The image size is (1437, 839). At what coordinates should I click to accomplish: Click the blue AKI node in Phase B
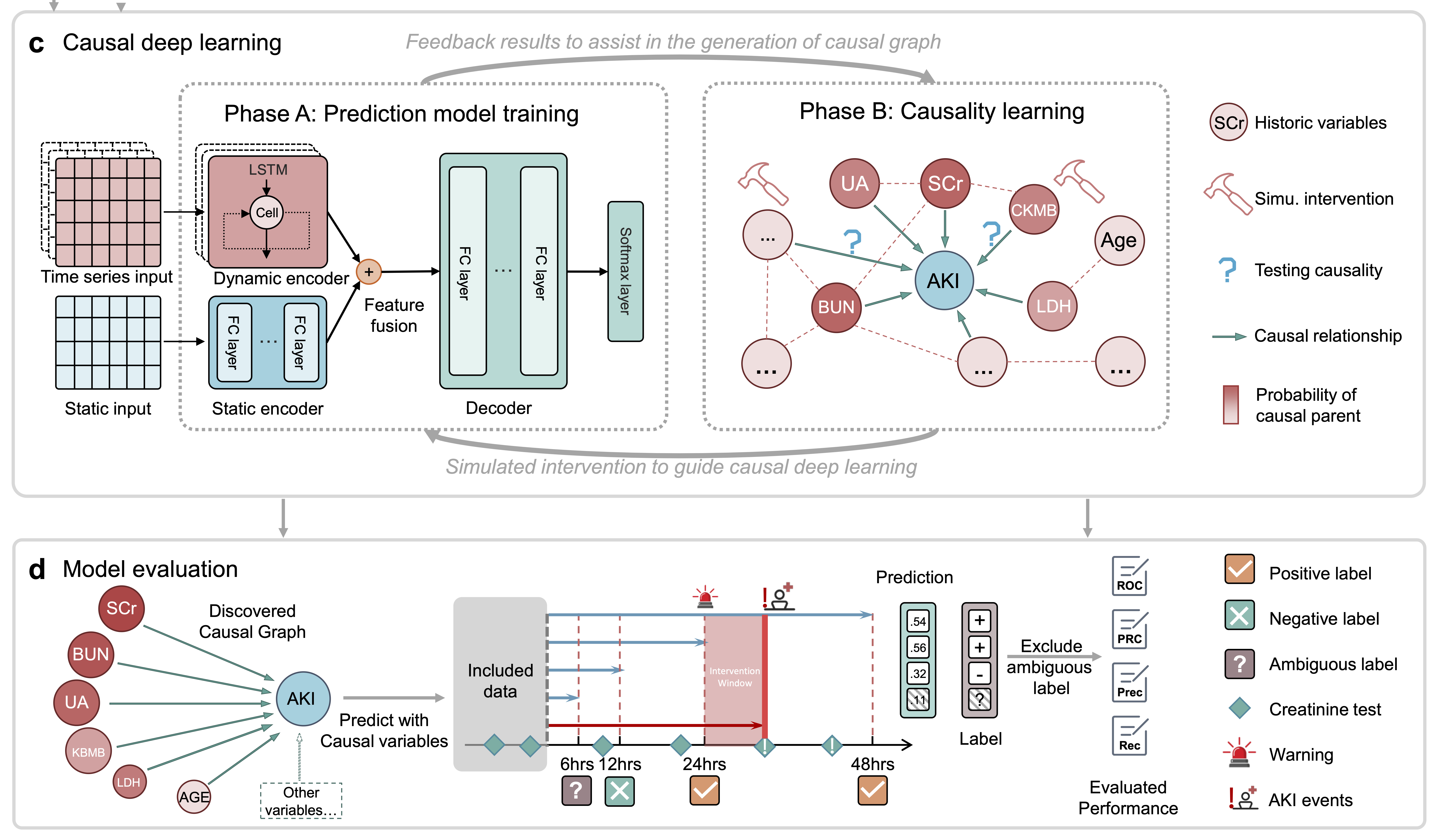(944, 280)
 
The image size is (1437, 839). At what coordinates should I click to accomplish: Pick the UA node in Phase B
(854, 183)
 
